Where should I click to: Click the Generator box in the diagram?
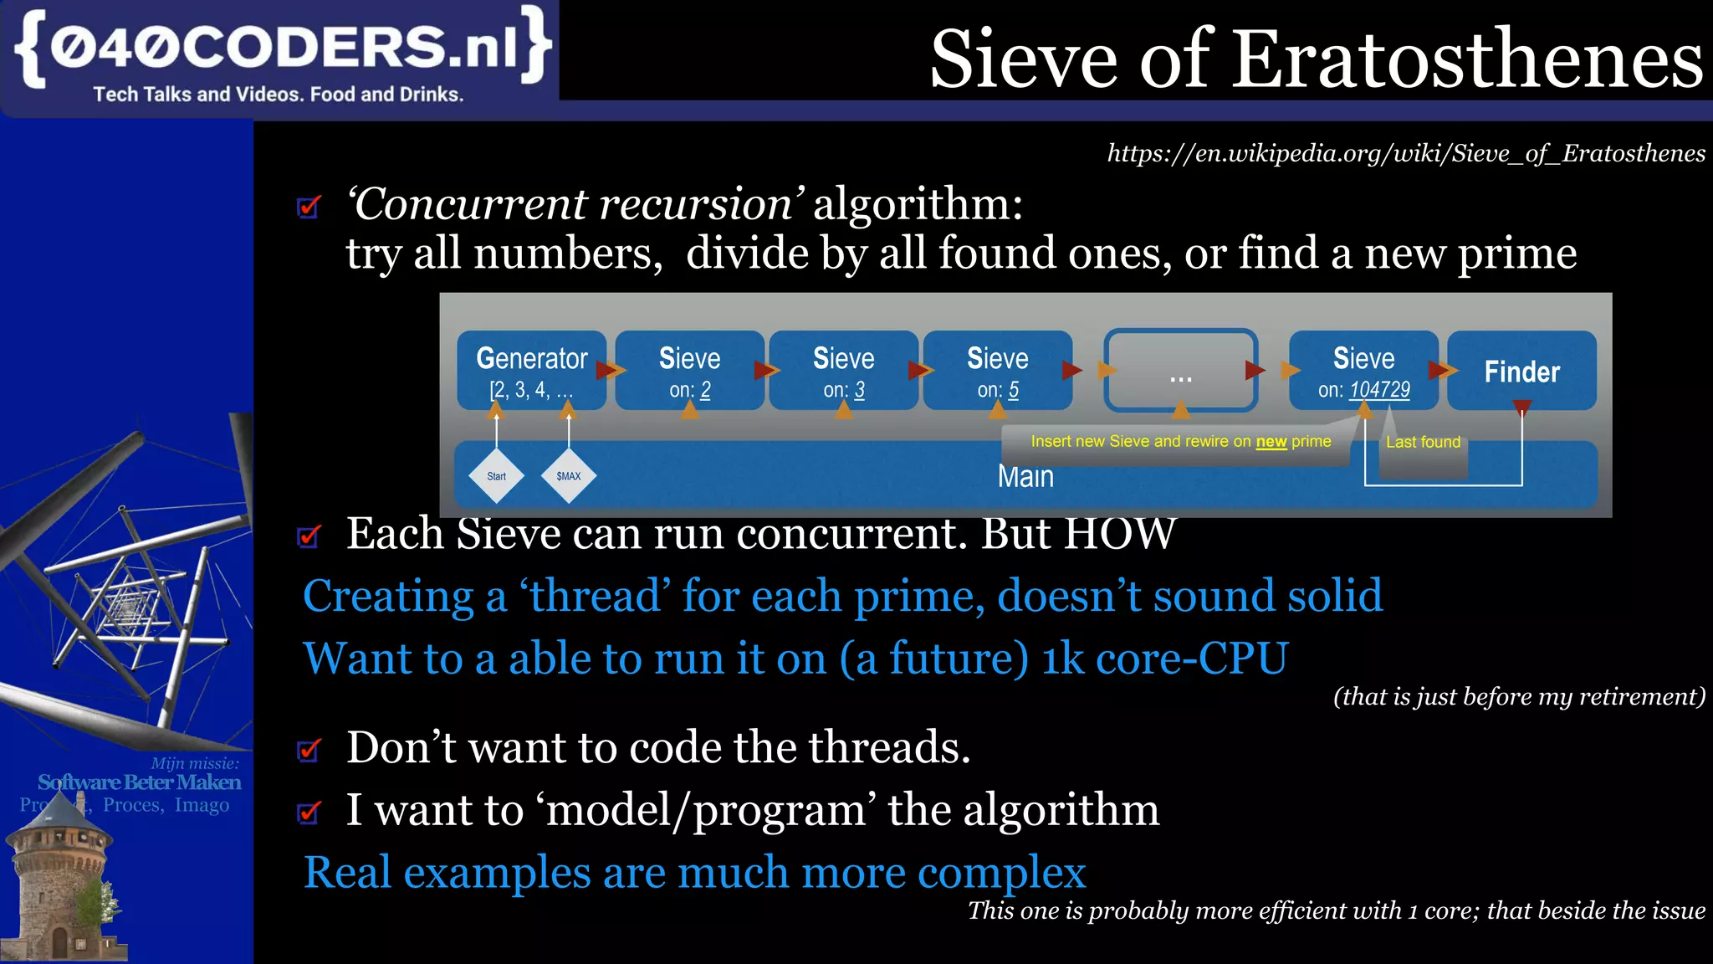(x=531, y=371)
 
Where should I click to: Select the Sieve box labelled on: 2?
(x=689, y=371)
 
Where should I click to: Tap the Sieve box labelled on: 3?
(x=843, y=371)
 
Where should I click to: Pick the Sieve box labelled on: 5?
(x=997, y=371)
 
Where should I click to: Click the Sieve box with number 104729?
(x=1363, y=371)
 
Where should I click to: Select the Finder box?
(x=1521, y=371)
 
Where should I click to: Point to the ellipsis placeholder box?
(x=1180, y=371)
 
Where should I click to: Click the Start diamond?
(x=496, y=476)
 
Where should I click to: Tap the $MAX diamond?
(x=568, y=476)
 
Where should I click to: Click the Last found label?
(x=1423, y=442)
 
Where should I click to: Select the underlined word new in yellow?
(x=1271, y=442)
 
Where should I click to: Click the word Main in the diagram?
(x=1025, y=477)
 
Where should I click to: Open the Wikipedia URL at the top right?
(x=1405, y=153)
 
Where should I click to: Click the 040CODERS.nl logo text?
(x=283, y=47)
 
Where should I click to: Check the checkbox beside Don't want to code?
(x=309, y=749)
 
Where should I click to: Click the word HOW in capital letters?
(x=1119, y=534)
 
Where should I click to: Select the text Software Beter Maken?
(x=139, y=782)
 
